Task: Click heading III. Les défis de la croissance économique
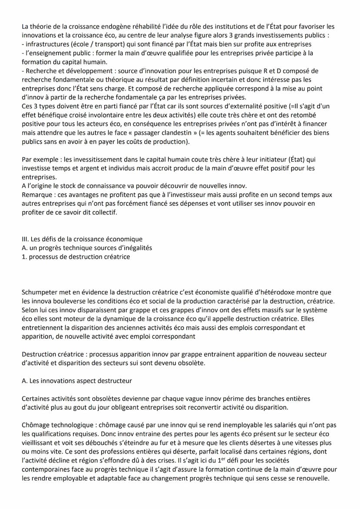82,239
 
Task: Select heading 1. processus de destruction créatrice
76,256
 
